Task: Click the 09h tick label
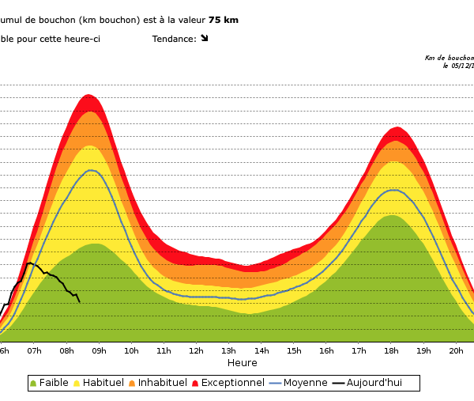pos(99,350)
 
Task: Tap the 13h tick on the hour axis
pos(228,350)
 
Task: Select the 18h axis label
pos(391,350)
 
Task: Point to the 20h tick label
pos(456,350)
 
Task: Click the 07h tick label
pos(34,350)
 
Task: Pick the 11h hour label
pos(164,350)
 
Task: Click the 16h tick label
pos(326,350)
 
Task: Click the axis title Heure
pos(243,363)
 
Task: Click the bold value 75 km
pos(224,20)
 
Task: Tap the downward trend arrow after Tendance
pos(204,38)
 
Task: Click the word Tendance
pos(173,39)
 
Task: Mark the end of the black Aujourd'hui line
pos(79,301)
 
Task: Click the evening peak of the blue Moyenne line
pos(393,190)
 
